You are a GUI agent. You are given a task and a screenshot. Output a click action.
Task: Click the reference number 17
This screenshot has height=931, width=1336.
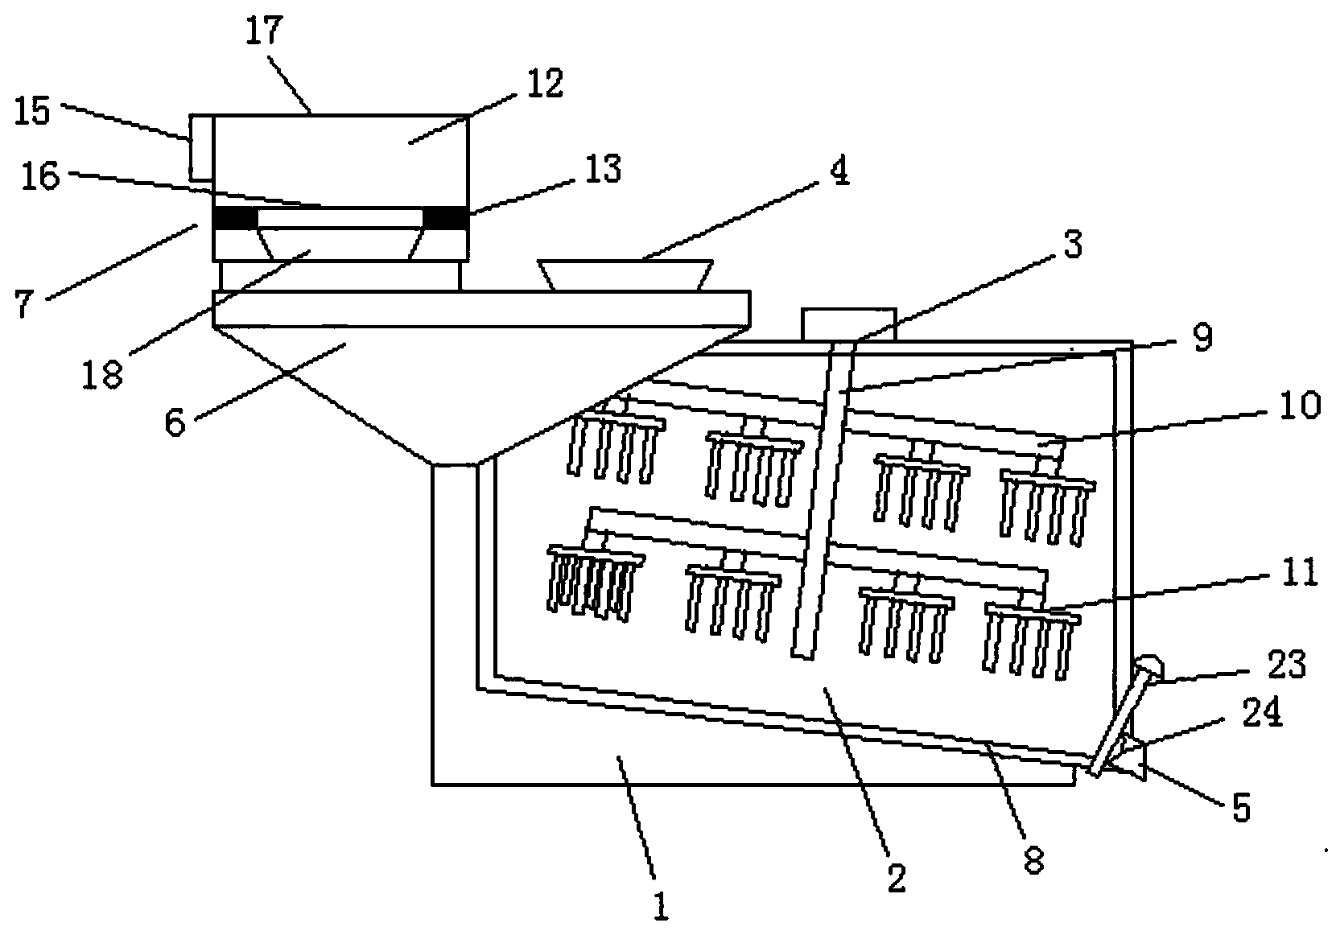click(264, 31)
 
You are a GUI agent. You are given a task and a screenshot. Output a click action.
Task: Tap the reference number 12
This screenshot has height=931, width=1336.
click(545, 84)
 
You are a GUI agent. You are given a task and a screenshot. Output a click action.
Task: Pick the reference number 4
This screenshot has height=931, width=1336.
click(839, 171)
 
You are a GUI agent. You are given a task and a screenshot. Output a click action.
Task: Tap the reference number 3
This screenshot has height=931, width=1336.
click(1073, 245)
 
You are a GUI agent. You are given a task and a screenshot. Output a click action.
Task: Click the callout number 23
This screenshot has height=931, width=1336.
click(1287, 664)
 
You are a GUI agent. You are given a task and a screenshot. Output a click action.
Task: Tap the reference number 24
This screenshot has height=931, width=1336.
click(1262, 712)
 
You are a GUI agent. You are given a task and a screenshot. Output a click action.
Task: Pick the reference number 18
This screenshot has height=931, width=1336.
click(102, 374)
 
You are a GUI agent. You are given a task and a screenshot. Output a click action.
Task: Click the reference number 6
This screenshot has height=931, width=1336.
click(175, 423)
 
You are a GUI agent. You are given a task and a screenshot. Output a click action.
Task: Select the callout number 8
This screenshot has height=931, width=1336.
click(1033, 860)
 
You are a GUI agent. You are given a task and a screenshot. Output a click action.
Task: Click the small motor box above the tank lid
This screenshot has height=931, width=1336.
click(849, 324)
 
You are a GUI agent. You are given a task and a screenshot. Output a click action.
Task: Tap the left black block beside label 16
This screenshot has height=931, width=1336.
click(236, 218)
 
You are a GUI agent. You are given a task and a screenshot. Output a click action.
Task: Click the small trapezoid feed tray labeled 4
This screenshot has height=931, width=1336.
click(625, 275)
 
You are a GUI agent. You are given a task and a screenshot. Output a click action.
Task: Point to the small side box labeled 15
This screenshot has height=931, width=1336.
click(201, 147)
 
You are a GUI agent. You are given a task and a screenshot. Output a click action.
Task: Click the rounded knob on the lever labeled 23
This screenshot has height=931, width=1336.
click(1148, 668)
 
